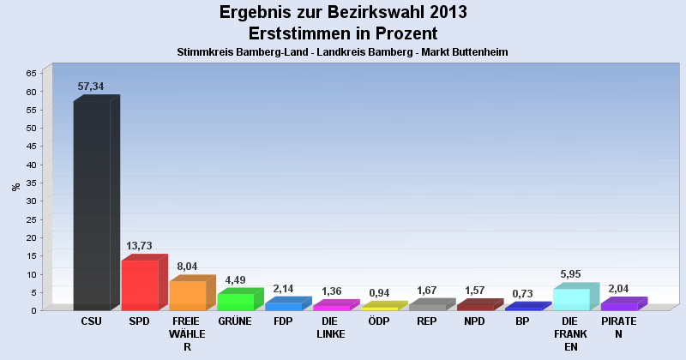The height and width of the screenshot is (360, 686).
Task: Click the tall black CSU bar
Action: click(92, 206)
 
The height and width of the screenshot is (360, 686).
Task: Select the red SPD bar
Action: click(140, 285)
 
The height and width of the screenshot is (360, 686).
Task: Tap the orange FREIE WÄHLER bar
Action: click(188, 295)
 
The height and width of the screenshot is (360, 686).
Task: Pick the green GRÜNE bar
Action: click(236, 302)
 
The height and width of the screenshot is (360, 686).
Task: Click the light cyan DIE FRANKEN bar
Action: click(571, 299)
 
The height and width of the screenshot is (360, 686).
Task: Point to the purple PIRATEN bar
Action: click(619, 306)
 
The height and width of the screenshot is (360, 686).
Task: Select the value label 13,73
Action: click(139, 246)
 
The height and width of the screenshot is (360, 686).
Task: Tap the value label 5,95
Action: click(570, 274)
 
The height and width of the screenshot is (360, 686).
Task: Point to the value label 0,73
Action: click(523, 293)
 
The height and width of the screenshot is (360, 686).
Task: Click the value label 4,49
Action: click(235, 279)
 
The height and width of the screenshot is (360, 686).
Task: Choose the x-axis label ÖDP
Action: click(379, 321)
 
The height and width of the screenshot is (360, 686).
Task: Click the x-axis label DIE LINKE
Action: click(331, 327)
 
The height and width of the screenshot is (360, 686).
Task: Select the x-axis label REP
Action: click(427, 321)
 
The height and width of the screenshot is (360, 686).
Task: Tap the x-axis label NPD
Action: click(475, 321)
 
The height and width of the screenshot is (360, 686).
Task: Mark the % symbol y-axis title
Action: click(15, 187)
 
